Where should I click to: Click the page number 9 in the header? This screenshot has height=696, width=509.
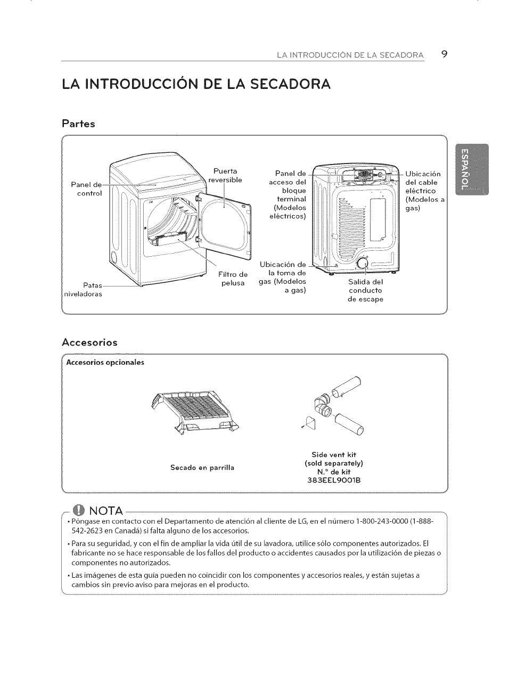pos(444,54)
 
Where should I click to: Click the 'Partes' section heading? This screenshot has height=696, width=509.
pos(78,124)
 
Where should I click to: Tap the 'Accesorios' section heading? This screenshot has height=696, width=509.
pos(89,342)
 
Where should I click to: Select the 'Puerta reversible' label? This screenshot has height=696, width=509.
pos(225,175)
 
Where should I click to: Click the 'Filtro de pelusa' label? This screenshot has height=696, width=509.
pos(233,279)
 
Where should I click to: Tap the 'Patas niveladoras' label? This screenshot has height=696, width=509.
pos(83,290)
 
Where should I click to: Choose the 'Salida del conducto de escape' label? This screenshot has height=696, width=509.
pos(365,290)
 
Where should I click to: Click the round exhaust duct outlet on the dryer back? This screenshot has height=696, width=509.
pos(363,264)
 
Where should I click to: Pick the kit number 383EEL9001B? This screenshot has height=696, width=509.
pos(334,480)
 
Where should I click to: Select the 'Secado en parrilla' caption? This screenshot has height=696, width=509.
pos(202,468)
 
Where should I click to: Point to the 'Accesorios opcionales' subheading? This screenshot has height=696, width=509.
pos(105,363)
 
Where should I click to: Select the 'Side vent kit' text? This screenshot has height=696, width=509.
pos(334,455)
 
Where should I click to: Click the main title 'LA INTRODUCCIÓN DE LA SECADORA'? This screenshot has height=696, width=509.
pos(195,84)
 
